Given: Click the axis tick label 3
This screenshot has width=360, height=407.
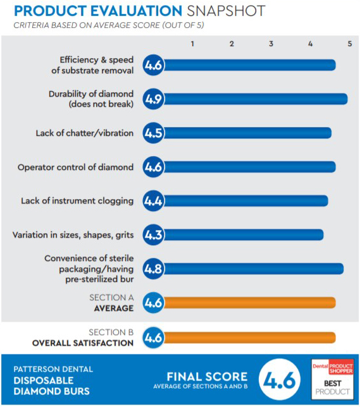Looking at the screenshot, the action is pos(271,44).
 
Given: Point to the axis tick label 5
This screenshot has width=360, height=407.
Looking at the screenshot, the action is pos(350,44).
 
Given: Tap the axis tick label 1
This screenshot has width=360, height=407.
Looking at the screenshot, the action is pos(192,44).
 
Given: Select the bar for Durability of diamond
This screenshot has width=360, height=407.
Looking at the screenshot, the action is pos(256,99).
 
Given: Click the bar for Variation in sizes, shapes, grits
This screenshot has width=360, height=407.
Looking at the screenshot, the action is pos(244,235).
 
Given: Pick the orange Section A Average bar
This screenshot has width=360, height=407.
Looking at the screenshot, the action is pos(249,303).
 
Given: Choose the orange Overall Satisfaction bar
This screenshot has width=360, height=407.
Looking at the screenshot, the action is pos(249,337).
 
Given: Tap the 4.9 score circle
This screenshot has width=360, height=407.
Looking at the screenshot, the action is pos(153,99).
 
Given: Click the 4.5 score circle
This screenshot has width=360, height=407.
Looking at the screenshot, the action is pos(153,133).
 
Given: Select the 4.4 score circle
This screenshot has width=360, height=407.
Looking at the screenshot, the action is pos(153,200).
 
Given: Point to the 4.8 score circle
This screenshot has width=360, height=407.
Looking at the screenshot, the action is pos(153,269).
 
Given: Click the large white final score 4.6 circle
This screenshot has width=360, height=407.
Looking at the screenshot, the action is pos(280,379).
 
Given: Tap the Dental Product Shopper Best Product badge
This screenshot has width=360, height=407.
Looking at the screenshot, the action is pos(332,379).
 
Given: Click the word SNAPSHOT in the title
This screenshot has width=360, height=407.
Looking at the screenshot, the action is pos(226,11).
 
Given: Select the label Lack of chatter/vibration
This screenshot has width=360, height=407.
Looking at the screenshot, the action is pos(85,133).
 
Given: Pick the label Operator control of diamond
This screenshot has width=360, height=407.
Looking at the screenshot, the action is pos(75,167).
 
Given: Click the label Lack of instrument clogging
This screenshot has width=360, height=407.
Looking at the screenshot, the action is pos(77,201).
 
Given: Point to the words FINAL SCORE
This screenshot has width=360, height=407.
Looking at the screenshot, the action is pos(207,377).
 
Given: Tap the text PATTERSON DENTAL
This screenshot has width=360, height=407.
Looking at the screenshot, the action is pos(53,369).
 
